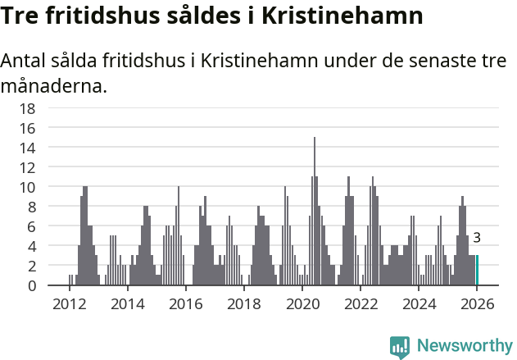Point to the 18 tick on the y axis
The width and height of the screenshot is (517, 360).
coord(27,108)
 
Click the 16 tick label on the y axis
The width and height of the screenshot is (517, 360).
coord(27,128)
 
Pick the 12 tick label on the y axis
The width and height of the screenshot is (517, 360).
coord(27,167)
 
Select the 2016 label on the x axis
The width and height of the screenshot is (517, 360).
coord(186,304)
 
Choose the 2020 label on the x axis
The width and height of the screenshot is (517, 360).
coord(302,304)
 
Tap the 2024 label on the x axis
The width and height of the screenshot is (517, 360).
coord(419,304)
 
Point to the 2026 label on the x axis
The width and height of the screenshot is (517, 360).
coord(477,304)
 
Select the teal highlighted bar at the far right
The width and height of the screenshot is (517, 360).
coord(477,271)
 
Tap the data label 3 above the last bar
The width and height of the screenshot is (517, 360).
coord(477,239)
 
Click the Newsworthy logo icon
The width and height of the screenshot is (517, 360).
coord(400,346)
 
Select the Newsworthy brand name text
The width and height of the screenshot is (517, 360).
coord(464,346)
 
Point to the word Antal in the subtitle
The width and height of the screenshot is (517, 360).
coord(25,62)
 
